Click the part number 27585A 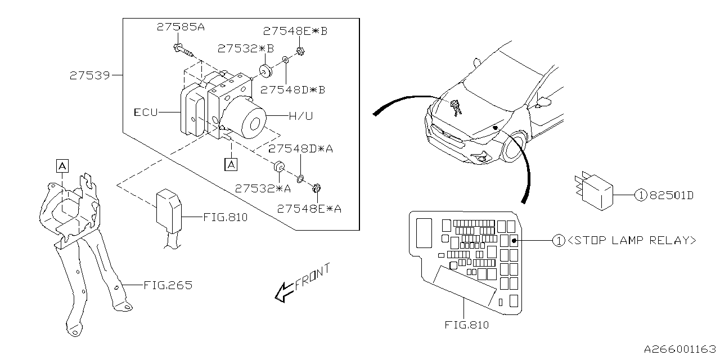(x=181, y=27)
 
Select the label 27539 (x=90, y=75)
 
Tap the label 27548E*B (x=295, y=31)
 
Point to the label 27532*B (x=246, y=49)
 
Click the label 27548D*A (x=300, y=149)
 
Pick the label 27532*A (x=263, y=188)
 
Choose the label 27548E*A (x=309, y=209)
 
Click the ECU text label (x=146, y=112)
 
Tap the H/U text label (x=301, y=116)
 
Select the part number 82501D (x=672, y=195)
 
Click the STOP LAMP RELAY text (x=632, y=240)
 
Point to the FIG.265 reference (x=168, y=285)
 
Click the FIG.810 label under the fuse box (x=467, y=325)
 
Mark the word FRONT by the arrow (x=312, y=277)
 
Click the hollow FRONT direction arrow (x=285, y=292)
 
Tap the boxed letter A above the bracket (x=62, y=166)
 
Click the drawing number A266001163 (x=680, y=349)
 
